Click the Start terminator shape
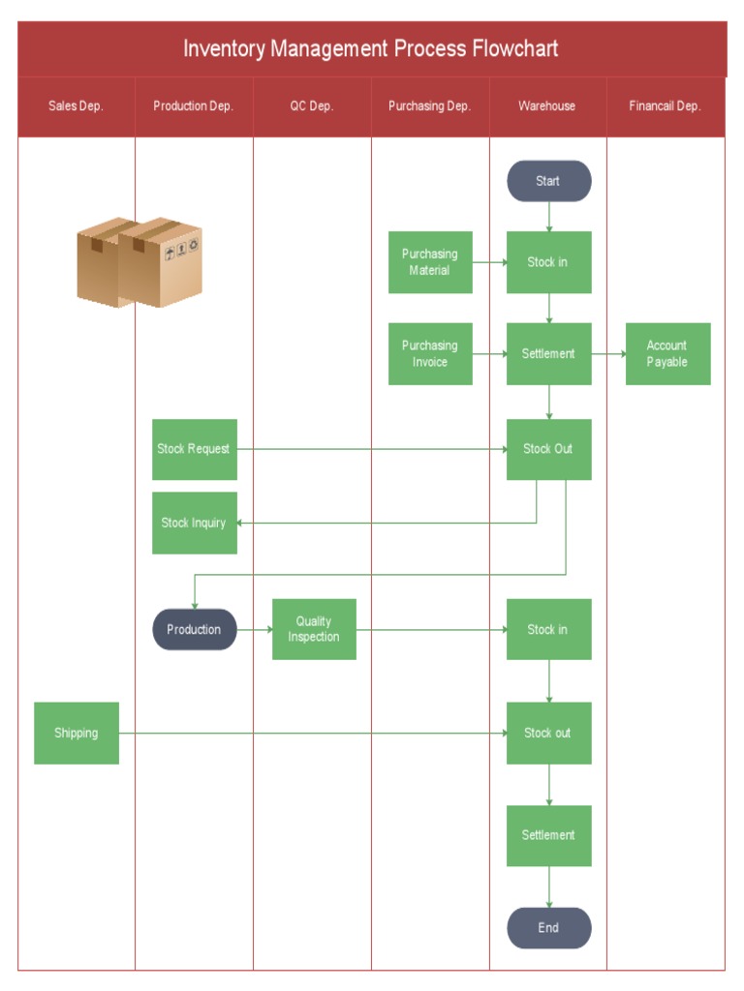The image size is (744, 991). [x=548, y=181]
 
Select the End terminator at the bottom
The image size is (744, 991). [x=548, y=928]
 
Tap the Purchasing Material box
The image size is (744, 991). [x=430, y=262]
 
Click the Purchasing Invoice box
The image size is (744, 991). [x=430, y=353]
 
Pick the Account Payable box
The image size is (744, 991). [x=667, y=353]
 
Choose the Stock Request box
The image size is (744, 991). [x=195, y=449]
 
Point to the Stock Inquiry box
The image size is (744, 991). [x=195, y=523]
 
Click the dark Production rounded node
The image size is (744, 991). [x=195, y=629]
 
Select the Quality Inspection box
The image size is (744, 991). [x=314, y=629]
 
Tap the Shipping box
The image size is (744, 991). [x=77, y=733]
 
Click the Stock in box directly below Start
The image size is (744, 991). [x=548, y=262]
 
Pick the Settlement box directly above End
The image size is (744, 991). [x=548, y=835]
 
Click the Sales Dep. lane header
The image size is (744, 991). [x=77, y=106]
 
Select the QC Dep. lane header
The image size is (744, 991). [x=312, y=106]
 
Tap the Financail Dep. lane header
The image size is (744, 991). [x=665, y=106]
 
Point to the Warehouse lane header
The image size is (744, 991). [x=547, y=106]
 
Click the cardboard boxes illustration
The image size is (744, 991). [x=139, y=262]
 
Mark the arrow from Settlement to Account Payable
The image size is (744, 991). [x=608, y=354]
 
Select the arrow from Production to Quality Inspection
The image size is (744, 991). [x=255, y=630]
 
